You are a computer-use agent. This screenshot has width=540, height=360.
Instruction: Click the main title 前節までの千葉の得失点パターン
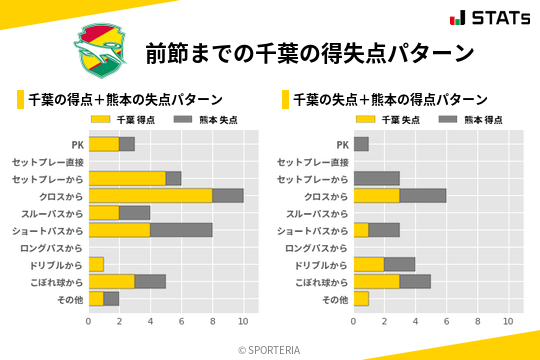coord(309,52)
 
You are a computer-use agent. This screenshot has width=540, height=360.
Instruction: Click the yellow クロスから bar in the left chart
coord(150,196)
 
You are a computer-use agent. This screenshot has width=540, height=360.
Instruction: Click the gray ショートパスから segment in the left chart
coord(181,230)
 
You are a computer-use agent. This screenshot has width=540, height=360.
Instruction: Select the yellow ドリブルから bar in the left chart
coord(96,264)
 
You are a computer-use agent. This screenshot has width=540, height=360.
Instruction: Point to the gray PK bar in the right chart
coord(361,144)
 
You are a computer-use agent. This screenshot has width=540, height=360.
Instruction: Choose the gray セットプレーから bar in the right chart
coord(377,179)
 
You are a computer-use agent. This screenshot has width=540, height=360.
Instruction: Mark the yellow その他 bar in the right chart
coord(361,298)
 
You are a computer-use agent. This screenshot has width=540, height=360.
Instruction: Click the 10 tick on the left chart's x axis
coord(243,321)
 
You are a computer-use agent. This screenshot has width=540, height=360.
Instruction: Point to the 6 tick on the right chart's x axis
coord(446,321)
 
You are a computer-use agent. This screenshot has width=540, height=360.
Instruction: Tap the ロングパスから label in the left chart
coord(49,247)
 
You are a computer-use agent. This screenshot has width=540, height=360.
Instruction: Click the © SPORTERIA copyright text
coord(269,349)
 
